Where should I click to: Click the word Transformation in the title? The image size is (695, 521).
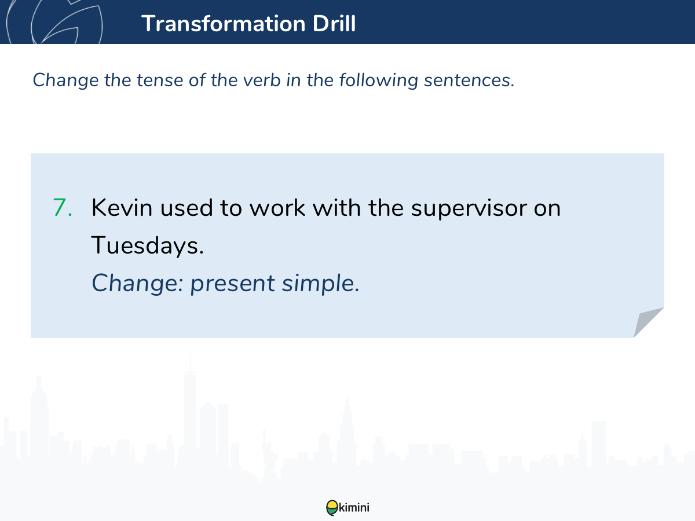click(224, 23)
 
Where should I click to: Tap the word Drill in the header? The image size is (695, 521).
click(334, 23)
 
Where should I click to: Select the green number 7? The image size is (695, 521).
click(63, 207)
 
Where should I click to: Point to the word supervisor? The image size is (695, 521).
click(469, 209)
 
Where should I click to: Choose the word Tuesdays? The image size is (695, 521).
click(147, 245)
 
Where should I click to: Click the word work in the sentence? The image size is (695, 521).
click(277, 207)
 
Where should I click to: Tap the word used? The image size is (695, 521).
click(186, 207)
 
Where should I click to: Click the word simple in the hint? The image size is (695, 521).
click(321, 283)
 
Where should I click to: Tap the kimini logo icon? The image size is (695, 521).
click(332, 508)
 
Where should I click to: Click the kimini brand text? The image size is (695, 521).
click(354, 507)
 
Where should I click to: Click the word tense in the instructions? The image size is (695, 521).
click(160, 80)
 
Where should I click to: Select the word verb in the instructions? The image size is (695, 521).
click(262, 80)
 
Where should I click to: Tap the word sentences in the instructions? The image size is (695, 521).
click(469, 80)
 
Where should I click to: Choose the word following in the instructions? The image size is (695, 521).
click(379, 80)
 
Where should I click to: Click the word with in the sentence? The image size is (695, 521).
click(337, 207)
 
